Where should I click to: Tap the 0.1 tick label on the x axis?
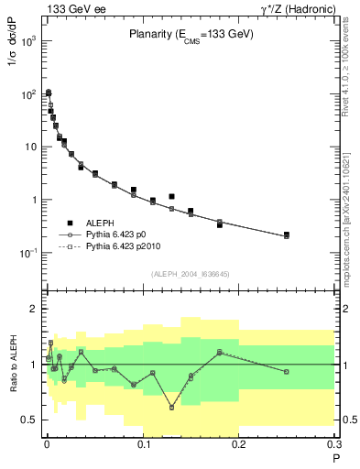pyautogui.click(x=143, y=443)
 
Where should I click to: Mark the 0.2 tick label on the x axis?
pyautogui.click(x=240, y=443)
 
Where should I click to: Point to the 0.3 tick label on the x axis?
pyautogui.click(x=336, y=443)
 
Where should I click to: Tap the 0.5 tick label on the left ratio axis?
pyautogui.click(x=29, y=420)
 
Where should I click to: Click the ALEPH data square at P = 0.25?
pyautogui.click(x=287, y=234)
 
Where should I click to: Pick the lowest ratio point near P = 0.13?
pyautogui.click(x=171, y=408)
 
